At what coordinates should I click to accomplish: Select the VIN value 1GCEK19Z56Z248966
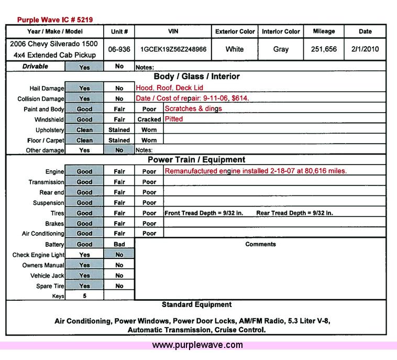click(173, 50)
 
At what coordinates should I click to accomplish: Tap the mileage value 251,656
click(323, 50)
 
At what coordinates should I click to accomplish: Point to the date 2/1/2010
click(365, 50)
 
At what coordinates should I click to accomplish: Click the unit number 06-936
click(119, 50)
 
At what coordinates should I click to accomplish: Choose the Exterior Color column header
click(235, 31)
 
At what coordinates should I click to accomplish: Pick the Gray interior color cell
click(281, 50)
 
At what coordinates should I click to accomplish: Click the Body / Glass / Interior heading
click(196, 77)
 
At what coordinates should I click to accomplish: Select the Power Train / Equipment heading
click(196, 160)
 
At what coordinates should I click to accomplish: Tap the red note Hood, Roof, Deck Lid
click(169, 88)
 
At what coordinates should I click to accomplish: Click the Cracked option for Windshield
click(149, 119)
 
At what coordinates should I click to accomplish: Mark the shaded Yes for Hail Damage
click(84, 89)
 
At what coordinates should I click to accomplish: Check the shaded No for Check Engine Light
click(119, 255)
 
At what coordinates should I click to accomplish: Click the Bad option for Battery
click(119, 244)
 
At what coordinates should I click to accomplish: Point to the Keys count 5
click(84, 296)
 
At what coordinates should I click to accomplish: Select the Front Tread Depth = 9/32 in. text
click(204, 213)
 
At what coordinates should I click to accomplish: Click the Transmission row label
click(47, 182)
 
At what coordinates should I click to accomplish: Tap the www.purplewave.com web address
click(197, 345)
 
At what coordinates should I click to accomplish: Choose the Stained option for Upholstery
click(119, 130)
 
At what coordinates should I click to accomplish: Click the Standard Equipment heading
click(196, 304)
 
